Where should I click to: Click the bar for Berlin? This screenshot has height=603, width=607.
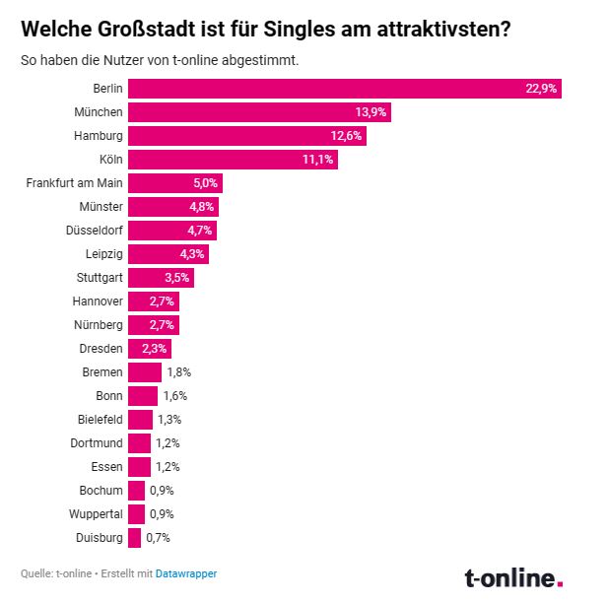(344, 89)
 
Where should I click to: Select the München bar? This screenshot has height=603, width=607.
(259, 112)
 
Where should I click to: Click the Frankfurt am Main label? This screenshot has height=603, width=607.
(73, 183)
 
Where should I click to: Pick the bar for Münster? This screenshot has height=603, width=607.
(173, 207)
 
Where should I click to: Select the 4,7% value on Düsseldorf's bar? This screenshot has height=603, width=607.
(200, 231)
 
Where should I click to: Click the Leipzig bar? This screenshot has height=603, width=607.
(169, 254)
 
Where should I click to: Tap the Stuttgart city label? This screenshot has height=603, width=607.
(100, 278)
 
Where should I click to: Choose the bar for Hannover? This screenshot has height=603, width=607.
(154, 301)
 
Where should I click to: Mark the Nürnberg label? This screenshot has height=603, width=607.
(98, 325)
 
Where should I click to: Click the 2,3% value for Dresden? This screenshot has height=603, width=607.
(156, 349)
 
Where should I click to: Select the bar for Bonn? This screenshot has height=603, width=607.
(143, 396)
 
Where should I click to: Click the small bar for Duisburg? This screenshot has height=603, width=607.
(134, 538)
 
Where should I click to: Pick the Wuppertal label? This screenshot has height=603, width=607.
(96, 514)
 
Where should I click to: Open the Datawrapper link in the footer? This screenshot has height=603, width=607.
(186, 573)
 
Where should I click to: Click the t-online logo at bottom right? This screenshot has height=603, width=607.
(513, 577)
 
